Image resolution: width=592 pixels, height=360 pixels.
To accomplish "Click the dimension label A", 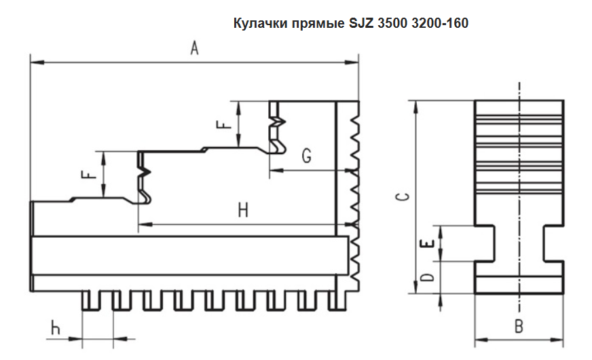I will [x=194, y=50].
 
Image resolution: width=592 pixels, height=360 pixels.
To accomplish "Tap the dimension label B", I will [x=518, y=326].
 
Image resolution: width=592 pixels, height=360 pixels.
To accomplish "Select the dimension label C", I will [x=403, y=197].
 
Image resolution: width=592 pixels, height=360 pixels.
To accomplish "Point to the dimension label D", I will [x=426, y=278].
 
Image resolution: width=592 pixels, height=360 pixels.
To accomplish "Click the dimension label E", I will [x=426, y=244].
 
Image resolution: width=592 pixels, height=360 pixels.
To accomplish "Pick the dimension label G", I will [x=306, y=157].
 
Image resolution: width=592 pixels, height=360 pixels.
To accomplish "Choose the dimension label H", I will [x=244, y=211].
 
